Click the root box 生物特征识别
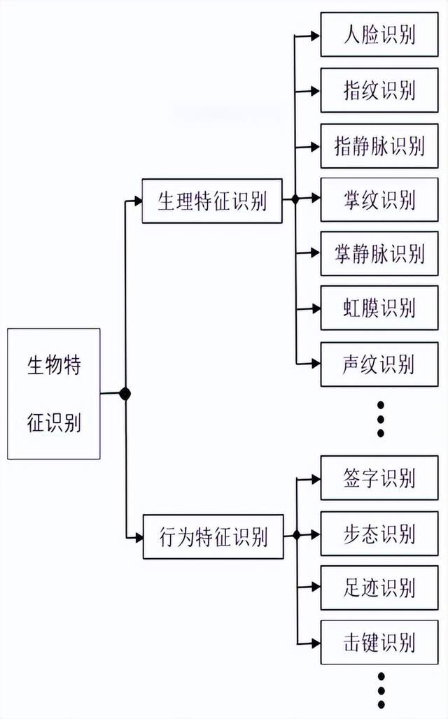[x=54, y=394]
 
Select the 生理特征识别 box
[x=212, y=201]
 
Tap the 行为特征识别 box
[x=213, y=536]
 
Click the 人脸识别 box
[x=379, y=34]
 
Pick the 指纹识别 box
[x=379, y=90]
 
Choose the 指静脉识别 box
[x=379, y=145]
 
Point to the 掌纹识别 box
[x=379, y=200]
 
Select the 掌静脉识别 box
[x=379, y=254]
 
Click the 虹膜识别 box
[x=379, y=308]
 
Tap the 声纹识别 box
[x=379, y=364]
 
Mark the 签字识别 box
[x=379, y=478]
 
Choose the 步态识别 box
[x=379, y=534]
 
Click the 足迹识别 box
[x=379, y=588]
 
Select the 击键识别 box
[x=379, y=641]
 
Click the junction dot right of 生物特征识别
[x=125, y=394]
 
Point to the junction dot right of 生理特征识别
[x=295, y=200]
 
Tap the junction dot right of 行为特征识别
[x=296, y=535]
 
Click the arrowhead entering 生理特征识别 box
[x=138, y=201]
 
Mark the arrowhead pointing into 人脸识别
[x=316, y=34]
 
